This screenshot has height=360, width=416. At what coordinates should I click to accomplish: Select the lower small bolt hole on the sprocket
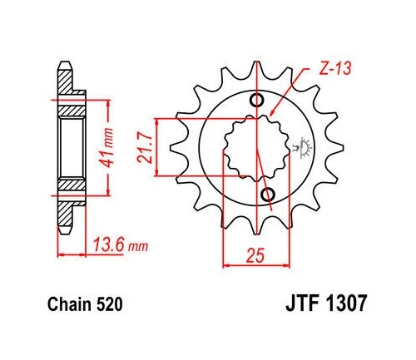(268, 194)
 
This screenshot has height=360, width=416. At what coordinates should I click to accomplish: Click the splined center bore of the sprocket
(255, 147)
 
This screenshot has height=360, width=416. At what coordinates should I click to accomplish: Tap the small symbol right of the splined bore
(300, 147)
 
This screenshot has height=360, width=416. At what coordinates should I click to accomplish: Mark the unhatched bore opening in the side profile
(70, 149)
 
